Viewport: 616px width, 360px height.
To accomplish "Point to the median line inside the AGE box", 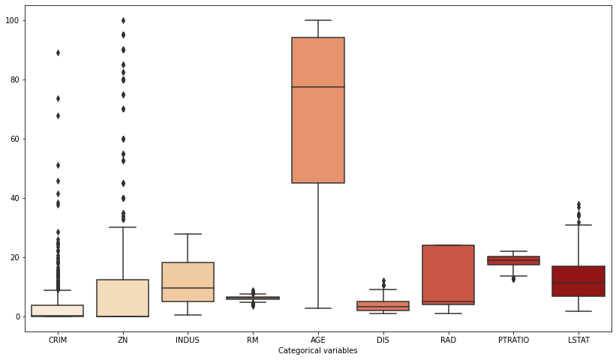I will (x=318, y=87).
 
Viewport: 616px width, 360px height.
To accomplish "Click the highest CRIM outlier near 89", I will (x=58, y=52).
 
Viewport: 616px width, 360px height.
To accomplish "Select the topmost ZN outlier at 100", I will (x=123, y=20).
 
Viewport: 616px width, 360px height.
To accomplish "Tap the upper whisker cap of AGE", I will (x=318, y=20).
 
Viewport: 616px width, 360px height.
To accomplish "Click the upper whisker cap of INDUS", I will (x=188, y=234).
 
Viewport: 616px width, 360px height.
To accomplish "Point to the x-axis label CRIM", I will (x=58, y=340).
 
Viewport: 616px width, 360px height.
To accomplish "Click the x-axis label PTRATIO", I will (x=513, y=340).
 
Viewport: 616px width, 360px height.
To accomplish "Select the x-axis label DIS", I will (x=383, y=340).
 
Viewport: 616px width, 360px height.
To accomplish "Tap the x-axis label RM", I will (x=253, y=340).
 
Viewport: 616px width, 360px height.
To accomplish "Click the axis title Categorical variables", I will (x=317, y=350).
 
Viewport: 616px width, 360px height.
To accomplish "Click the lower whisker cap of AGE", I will (x=318, y=308).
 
